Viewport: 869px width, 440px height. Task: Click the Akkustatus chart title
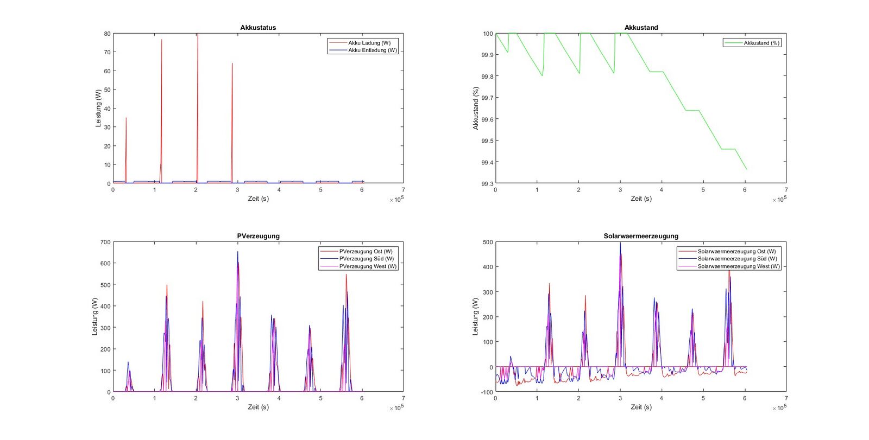click(x=258, y=28)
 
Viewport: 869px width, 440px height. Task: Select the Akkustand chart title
click(x=641, y=28)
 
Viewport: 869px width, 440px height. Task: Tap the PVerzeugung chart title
click(x=258, y=236)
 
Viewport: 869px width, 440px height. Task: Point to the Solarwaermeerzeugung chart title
click(x=641, y=236)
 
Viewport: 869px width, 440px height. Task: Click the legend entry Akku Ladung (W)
click(x=369, y=43)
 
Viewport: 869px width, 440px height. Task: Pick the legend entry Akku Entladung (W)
click(x=373, y=50)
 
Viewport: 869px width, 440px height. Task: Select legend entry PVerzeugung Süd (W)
click(x=366, y=259)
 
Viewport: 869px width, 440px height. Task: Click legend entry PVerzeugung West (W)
click(x=368, y=266)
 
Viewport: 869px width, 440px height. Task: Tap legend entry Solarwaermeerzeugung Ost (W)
click(x=736, y=251)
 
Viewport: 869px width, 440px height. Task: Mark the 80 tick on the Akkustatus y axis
click(x=107, y=34)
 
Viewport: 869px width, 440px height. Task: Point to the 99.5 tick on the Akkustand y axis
click(x=487, y=141)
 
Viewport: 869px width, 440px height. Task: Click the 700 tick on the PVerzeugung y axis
click(x=105, y=243)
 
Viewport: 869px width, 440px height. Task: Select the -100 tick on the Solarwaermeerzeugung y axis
click(x=486, y=392)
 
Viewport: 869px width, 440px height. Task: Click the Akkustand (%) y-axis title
click(x=476, y=109)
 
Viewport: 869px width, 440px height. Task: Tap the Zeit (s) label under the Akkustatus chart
click(x=258, y=199)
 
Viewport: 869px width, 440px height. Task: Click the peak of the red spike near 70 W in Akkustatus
click(x=161, y=40)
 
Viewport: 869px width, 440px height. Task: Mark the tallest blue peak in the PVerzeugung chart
click(x=237, y=252)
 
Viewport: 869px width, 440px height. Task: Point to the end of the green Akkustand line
click(x=747, y=170)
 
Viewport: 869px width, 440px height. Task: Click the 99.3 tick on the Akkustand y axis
click(x=487, y=184)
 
